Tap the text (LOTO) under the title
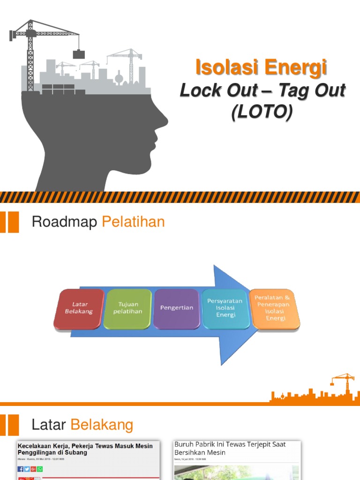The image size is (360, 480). [262, 112]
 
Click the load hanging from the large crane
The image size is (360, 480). [79, 54]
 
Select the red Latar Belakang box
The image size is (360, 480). [79, 308]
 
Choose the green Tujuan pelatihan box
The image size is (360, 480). [128, 308]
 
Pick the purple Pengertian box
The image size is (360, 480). [177, 308]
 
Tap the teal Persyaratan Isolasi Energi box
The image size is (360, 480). [226, 308]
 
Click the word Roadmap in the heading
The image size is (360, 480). [64, 222]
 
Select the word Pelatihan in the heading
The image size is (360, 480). [133, 222]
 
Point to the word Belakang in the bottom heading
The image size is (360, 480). [102, 425]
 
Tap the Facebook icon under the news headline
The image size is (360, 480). [21, 469]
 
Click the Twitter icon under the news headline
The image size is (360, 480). [27, 469]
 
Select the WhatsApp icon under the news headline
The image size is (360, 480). [40, 469]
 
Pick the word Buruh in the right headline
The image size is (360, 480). [184, 444]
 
